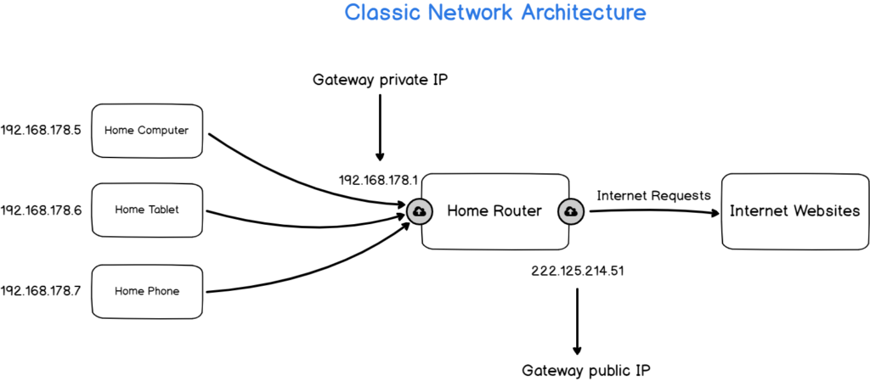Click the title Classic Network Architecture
click(494, 14)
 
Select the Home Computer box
click(146, 131)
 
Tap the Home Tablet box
click(146, 210)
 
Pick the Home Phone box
click(146, 291)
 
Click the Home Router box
click(494, 211)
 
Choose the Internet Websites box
click(794, 211)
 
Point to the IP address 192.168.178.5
click(41, 131)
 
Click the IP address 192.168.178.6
click(41, 210)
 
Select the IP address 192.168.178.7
click(41, 291)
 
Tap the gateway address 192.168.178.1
click(379, 180)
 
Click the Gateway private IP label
click(379, 81)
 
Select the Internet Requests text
click(653, 195)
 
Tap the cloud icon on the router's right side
click(571, 211)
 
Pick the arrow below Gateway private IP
click(380, 127)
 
